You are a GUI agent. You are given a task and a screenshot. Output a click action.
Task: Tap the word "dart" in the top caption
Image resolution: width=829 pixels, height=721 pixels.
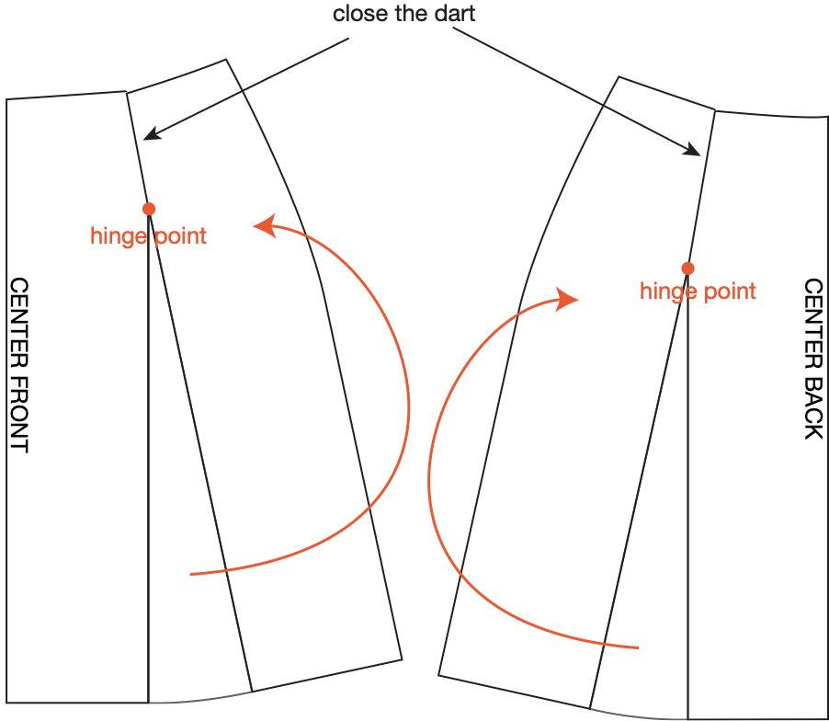[456, 14]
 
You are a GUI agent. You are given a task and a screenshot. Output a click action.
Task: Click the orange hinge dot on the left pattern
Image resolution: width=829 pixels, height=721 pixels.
[149, 209]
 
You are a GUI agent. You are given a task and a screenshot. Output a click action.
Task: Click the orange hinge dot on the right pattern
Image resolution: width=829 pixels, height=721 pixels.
[687, 268]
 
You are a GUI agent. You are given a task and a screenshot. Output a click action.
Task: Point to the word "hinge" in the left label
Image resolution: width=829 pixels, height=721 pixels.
[118, 236]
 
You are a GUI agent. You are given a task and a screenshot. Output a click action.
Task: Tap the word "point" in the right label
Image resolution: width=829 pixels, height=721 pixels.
[729, 292]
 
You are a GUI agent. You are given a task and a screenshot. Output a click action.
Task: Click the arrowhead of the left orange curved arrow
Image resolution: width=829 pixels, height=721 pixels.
[261, 224]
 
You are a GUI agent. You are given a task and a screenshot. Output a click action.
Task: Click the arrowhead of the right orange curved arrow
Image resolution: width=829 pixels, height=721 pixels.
[571, 299]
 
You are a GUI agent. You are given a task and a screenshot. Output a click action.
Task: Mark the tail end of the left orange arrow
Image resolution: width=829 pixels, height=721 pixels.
[190, 575]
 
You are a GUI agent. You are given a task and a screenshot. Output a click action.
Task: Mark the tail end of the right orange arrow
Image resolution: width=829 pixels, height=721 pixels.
[638, 648]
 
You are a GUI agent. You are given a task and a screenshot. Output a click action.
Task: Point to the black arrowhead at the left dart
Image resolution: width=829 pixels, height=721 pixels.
[148, 137]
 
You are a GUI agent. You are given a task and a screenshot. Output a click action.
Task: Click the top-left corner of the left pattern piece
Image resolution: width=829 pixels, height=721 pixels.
[7, 98]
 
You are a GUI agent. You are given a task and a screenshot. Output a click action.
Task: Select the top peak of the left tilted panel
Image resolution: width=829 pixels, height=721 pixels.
[226, 61]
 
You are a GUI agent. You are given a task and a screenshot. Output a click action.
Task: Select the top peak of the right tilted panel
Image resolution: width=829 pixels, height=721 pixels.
[618, 77]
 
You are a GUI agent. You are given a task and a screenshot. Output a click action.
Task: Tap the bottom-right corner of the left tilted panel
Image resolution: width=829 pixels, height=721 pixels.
[403, 658]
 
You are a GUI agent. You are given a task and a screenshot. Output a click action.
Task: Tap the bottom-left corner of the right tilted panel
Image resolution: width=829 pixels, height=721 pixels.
[438, 675]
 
